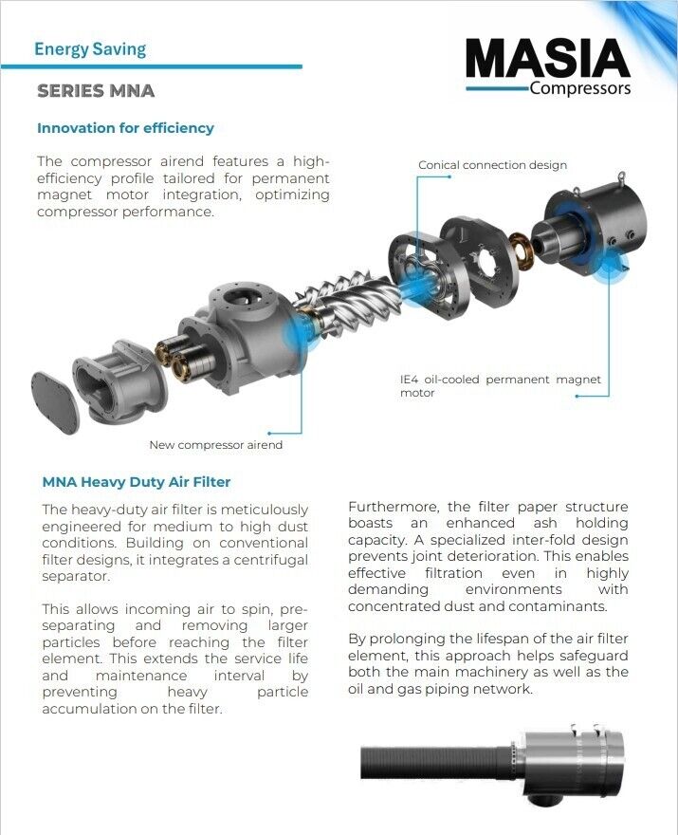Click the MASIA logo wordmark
pyautogui.click(x=547, y=60)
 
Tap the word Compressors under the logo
pyautogui.click(x=579, y=89)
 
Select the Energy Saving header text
pyautogui.click(x=90, y=49)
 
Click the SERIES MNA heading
pyautogui.click(x=95, y=92)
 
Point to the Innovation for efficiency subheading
pyautogui.click(x=125, y=128)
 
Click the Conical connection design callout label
pyautogui.click(x=492, y=165)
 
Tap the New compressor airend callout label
pyautogui.click(x=215, y=444)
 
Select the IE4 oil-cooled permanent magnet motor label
pyautogui.click(x=500, y=386)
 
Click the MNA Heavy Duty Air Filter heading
pyautogui.click(x=137, y=482)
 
